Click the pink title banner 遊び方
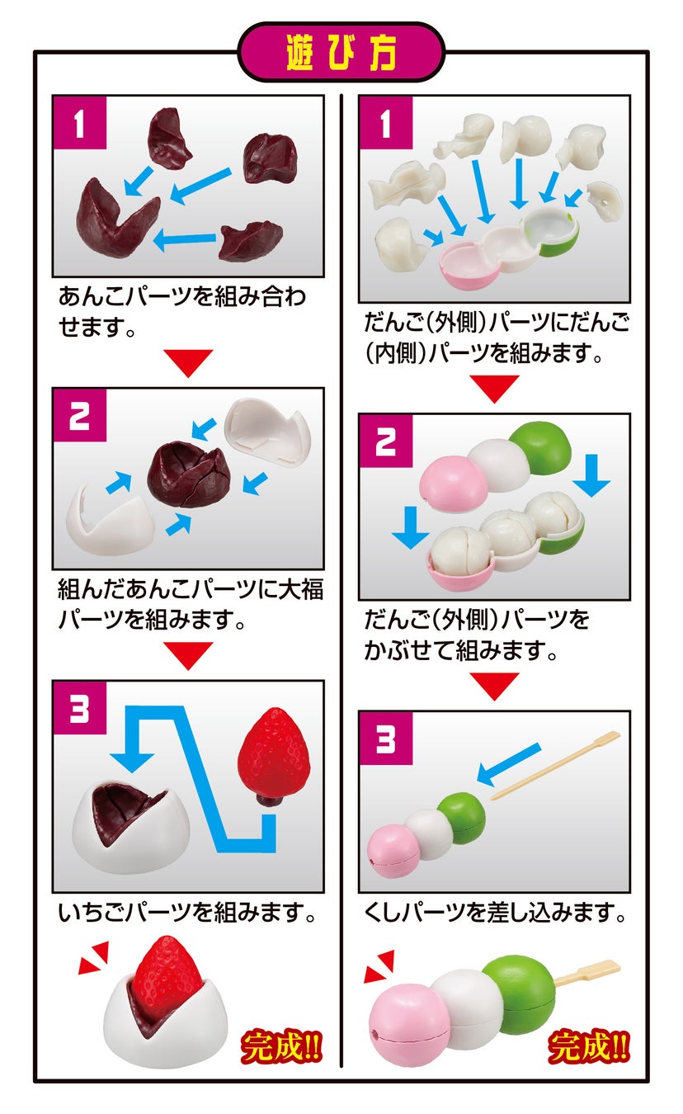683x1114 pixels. [x=341, y=52]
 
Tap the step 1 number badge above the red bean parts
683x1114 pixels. [x=79, y=122]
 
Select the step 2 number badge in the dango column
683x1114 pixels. [x=386, y=441]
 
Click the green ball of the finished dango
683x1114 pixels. [x=519, y=994]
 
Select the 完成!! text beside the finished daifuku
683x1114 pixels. [x=281, y=1047]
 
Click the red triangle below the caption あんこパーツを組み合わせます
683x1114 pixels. [x=188, y=363]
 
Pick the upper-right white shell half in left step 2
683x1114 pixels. [x=267, y=432]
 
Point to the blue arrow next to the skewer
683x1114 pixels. [x=508, y=765]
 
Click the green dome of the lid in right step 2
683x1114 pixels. [x=540, y=446]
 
